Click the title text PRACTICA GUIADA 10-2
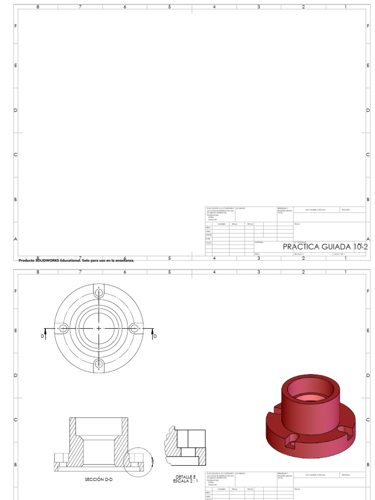point(325,247)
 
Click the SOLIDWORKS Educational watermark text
point(76,260)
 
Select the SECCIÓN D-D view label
point(98,479)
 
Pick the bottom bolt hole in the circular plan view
point(99,364)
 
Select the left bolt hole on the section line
point(63,328)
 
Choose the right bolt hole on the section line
point(135,328)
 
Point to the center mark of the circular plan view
point(99,328)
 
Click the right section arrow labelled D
point(154,333)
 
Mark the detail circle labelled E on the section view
point(139,460)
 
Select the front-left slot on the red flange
point(292,440)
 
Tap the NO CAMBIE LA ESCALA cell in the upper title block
point(315,209)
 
